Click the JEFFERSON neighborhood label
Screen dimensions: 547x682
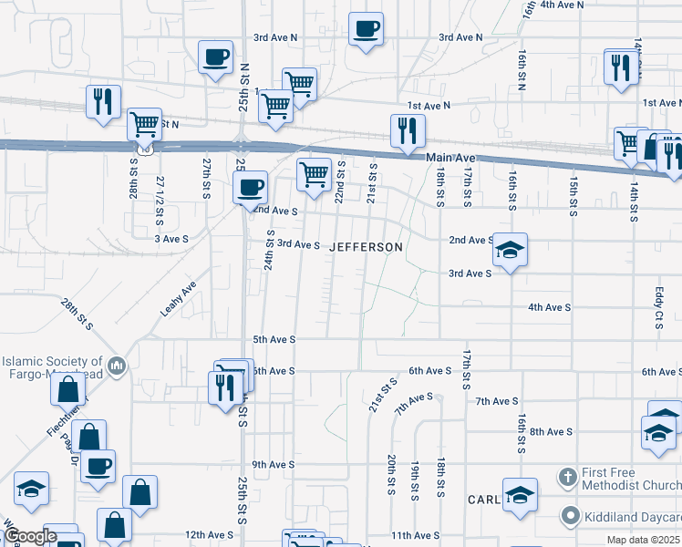(x=366, y=247)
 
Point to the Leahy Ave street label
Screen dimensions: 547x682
(x=179, y=298)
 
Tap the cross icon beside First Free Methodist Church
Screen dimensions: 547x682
(x=568, y=478)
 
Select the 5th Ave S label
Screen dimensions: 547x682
(x=274, y=339)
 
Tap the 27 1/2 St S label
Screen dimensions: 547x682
(x=160, y=201)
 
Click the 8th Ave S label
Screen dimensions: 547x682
(x=550, y=431)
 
